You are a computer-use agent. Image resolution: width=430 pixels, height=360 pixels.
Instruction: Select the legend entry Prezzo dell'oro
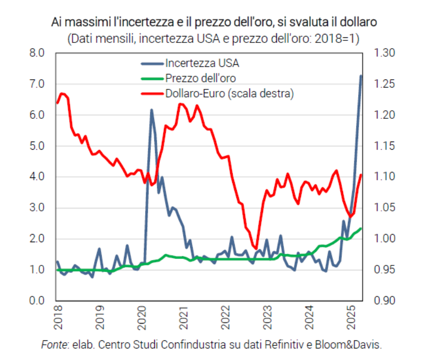coord(200,78)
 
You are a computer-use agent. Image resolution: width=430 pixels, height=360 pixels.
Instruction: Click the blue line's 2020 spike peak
coord(151,110)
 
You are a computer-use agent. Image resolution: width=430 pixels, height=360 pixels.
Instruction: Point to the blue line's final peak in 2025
coord(361,76)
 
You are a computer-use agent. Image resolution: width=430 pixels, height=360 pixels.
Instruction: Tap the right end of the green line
coord(361,229)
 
